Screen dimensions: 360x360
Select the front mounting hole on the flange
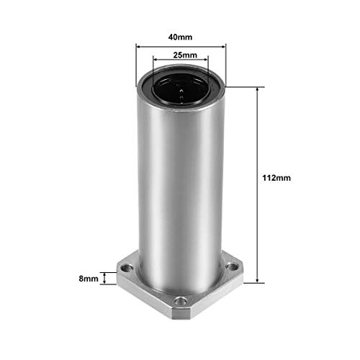[180, 300]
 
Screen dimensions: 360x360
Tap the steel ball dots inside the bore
[180, 91]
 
